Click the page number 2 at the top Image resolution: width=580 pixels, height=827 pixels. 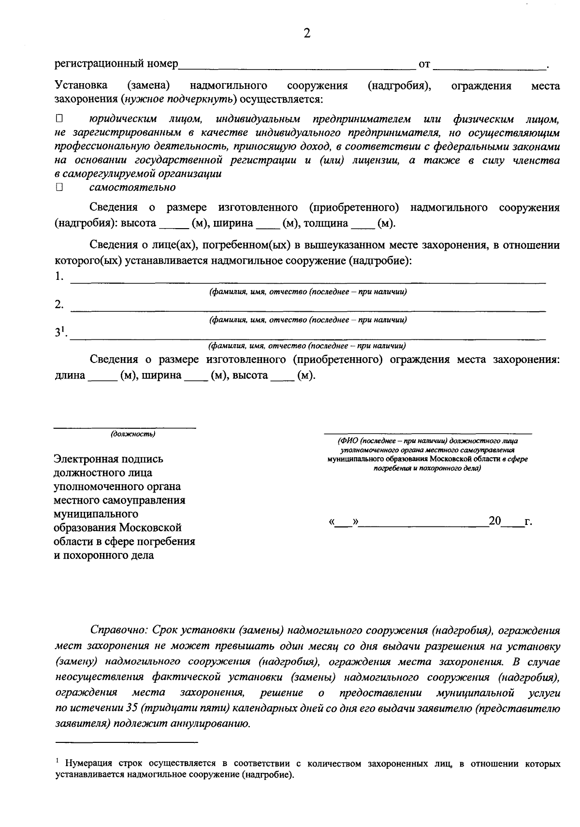pyautogui.click(x=306, y=33)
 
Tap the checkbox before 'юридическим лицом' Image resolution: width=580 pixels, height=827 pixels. pyautogui.click(x=59, y=118)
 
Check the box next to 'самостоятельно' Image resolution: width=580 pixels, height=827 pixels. pyautogui.click(x=59, y=187)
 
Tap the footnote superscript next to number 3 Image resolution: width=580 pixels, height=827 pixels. pyautogui.click(x=63, y=330)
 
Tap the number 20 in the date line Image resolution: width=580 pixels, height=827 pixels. pyautogui.click(x=495, y=521)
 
